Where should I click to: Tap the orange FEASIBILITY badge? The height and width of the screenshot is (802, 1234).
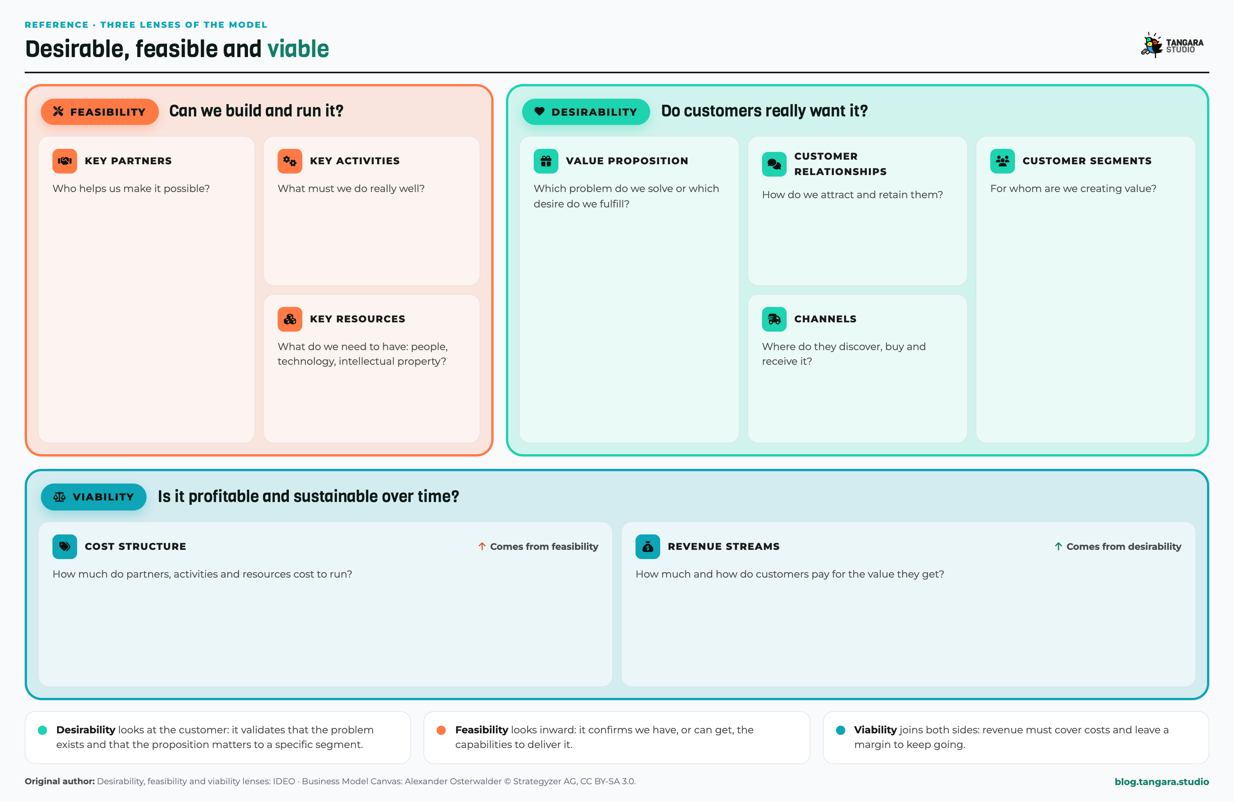pyautogui.click(x=99, y=111)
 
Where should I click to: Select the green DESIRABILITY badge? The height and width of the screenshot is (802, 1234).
pyautogui.click(x=585, y=111)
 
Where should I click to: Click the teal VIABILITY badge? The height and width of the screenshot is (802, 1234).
pyautogui.click(x=93, y=497)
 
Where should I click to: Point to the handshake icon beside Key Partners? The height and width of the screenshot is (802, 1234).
pyautogui.click(x=65, y=161)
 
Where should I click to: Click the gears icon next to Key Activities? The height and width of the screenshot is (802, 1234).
pyautogui.click(x=290, y=161)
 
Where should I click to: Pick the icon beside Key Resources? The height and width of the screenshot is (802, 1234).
pyautogui.click(x=290, y=319)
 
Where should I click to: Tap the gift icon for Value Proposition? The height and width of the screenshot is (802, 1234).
pyautogui.click(x=546, y=161)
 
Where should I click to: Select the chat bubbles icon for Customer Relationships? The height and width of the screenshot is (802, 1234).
pyautogui.click(x=774, y=164)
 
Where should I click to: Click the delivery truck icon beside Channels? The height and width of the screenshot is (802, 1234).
pyautogui.click(x=774, y=319)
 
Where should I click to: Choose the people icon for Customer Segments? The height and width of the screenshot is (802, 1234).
pyautogui.click(x=1002, y=161)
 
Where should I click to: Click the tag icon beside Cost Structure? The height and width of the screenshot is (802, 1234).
pyautogui.click(x=65, y=546)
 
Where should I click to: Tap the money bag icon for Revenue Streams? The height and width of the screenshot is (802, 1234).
pyautogui.click(x=647, y=546)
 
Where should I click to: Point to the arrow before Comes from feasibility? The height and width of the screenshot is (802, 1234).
pyautogui.click(x=482, y=546)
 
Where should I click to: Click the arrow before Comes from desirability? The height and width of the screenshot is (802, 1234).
pyautogui.click(x=1058, y=546)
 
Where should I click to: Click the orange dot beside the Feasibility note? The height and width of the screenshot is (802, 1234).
pyautogui.click(x=441, y=730)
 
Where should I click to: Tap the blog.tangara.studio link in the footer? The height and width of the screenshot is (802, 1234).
pyautogui.click(x=1162, y=781)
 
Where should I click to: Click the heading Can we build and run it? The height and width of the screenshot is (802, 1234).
pyautogui.click(x=256, y=111)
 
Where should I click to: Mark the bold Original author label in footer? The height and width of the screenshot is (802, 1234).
pyautogui.click(x=60, y=781)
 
